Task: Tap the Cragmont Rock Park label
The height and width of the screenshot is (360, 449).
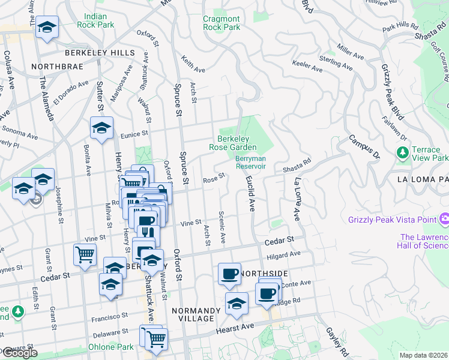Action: click(x=221, y=23)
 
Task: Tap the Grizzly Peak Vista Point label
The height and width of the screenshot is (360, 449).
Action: click(x=392, y=220)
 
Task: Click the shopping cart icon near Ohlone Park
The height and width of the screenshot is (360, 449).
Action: click(x=157, y=338)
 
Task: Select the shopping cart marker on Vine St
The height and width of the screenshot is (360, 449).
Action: click(x=85, y=255)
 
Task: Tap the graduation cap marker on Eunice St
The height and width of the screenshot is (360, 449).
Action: click(x=102, y=128)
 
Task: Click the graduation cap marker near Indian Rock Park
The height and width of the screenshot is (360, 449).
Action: click(x=46, y=28)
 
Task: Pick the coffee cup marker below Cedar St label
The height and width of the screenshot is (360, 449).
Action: click(x=229, y=274)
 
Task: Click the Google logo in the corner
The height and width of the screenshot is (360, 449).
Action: click(x=19, y=353)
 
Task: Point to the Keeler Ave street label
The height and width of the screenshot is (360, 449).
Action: click(x=306, y=63)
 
